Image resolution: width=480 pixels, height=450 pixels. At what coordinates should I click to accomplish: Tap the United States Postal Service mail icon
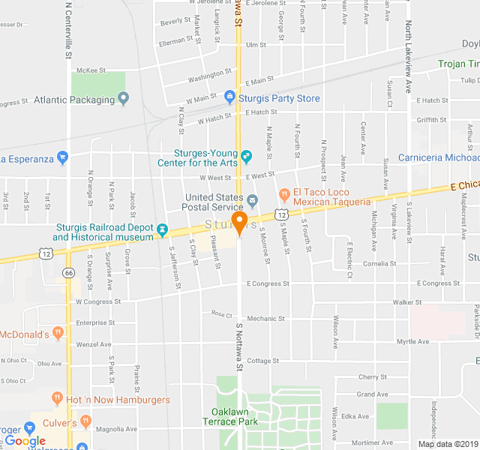point(253,200)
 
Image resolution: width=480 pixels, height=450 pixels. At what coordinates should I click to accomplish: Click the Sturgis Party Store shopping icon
point(230,98)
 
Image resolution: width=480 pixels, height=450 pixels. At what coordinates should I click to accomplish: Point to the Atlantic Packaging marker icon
point(124,98)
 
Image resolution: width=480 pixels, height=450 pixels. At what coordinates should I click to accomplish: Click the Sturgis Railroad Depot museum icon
point(162,228)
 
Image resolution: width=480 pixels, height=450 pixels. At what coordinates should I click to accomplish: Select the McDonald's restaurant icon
point(58,334)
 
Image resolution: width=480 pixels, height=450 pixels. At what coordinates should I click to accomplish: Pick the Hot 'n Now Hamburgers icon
point(57,400)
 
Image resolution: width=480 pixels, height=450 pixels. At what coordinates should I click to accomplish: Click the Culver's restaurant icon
point(85,422)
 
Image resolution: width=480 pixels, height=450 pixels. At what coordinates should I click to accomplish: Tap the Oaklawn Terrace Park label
point(230,416)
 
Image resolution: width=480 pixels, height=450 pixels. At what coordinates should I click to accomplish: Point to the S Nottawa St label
point(240,347)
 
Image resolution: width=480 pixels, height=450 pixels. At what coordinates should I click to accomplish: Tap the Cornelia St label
point(379,264)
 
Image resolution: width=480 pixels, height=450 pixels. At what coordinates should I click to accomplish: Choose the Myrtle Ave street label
point(413,341)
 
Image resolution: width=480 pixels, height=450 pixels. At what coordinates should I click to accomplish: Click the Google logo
point(25,441)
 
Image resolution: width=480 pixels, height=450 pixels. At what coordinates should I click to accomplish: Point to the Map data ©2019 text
point(447,444)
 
